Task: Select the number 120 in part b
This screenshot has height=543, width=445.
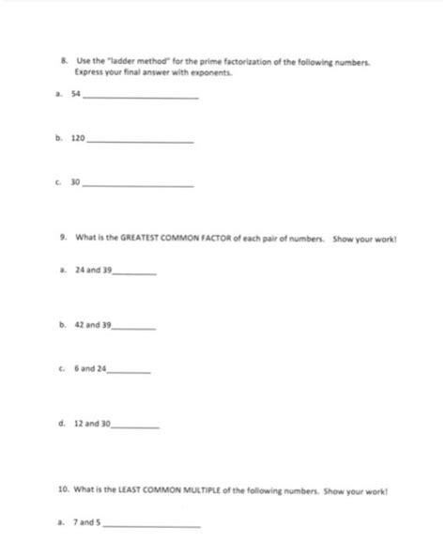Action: (79, 138)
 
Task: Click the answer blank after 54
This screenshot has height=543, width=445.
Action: (141, 98)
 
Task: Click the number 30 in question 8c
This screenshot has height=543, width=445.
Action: (78, 184)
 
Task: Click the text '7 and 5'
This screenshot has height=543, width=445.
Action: (88, 523)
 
